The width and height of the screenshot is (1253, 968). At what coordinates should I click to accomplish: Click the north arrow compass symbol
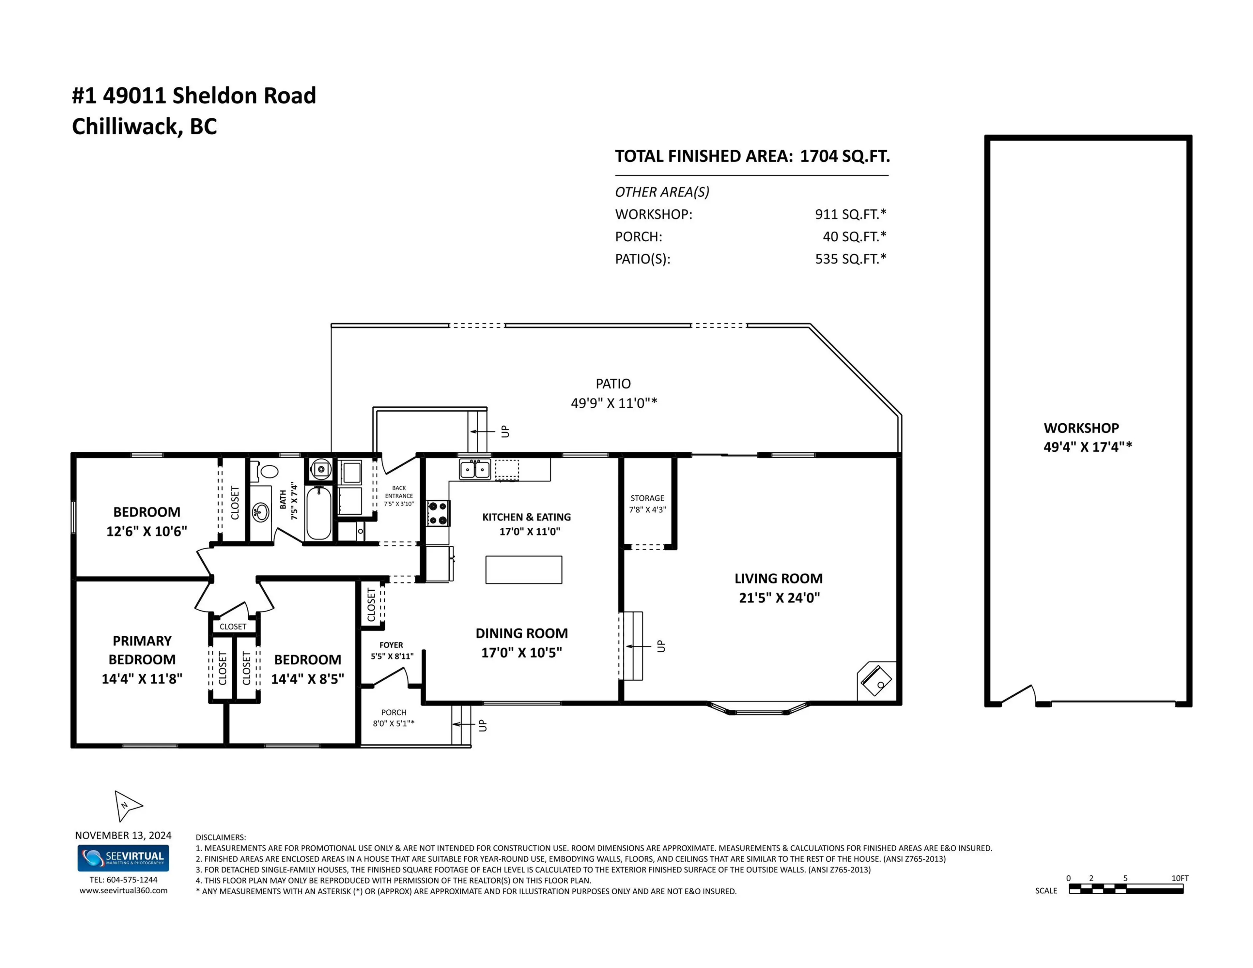pyautogui.click(x=127, y=805)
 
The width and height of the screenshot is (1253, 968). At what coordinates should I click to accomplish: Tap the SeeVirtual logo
pyautogui.click(x=123, y=858)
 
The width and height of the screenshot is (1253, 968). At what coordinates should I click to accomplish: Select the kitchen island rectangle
pyautogui.click(x=523, y=569)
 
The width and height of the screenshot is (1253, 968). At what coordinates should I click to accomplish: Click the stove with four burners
pyautogui.click(x=438, y=513)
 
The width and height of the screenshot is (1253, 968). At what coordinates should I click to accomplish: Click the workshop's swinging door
pyautogui.click(x=1018, y=695)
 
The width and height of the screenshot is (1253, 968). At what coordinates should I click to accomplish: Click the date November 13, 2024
pyautogui.click(x=123, y=835)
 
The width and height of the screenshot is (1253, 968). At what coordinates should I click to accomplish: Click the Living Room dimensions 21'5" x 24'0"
pyautogui.click(x=779, y=597)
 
